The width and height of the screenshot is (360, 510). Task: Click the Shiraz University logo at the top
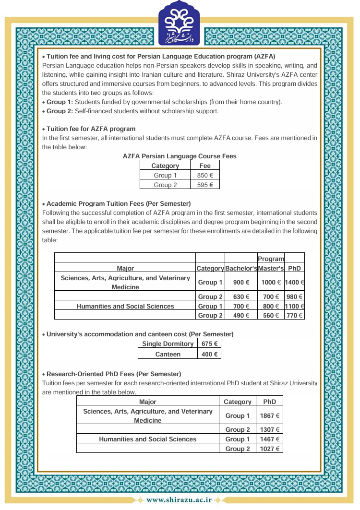point(180,24)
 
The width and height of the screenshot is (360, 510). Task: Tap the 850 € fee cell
point(205,175)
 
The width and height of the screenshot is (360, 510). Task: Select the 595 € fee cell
point(205,185)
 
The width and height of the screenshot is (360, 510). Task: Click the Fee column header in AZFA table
point(205,166)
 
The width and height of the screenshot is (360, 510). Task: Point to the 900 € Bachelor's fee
point(241,283)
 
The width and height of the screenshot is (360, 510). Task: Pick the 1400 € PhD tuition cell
point(295,283)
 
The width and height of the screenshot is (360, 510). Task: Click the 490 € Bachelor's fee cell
point(241,315)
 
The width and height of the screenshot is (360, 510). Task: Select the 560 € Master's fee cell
point(271,315)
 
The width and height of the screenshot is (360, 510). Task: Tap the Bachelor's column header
point(241,268)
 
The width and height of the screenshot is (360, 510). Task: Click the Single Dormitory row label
point(168,344)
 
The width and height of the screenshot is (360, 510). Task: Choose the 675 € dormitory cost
point(209,344)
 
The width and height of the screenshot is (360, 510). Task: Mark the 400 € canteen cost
point(209,354)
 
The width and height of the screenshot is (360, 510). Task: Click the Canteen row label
point(168,354)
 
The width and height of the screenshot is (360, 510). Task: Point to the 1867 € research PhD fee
point(270,415)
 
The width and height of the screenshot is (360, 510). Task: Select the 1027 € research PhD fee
point(270,449)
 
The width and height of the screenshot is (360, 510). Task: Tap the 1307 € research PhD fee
point(270,429)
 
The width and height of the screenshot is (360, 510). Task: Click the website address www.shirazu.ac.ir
point(179,500)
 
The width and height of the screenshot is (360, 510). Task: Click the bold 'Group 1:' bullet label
point(60,102)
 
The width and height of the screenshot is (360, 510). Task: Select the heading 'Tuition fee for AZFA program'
point(91,129)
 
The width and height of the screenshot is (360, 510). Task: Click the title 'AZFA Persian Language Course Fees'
point(180,156)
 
